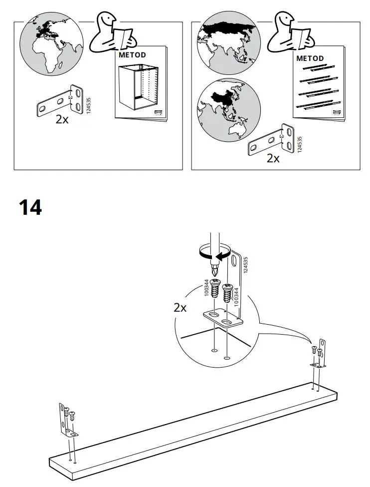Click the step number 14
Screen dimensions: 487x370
click(30, 207)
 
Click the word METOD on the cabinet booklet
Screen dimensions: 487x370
click(132, 54)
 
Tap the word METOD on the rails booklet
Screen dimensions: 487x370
click(310, 58)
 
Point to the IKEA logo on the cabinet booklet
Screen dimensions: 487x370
click(156, 114)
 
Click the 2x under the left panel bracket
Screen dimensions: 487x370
click(62, 119)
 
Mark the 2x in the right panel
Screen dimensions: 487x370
click(273, 158)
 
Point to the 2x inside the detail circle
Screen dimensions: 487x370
click(180, 308)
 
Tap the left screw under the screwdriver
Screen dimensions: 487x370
click(215, 289)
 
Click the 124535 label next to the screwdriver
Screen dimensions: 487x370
click(245, 265)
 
